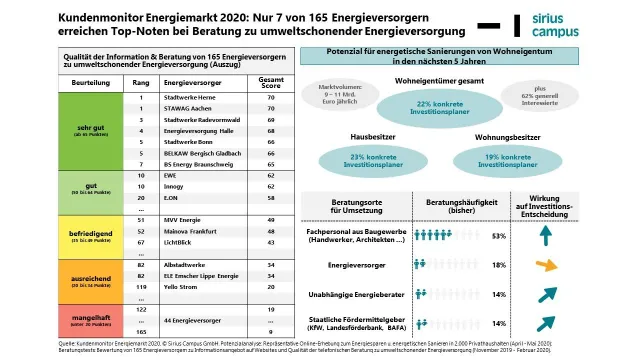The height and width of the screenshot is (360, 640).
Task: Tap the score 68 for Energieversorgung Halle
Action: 270,131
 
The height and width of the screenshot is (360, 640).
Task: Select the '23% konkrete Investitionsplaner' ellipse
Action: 371,158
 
